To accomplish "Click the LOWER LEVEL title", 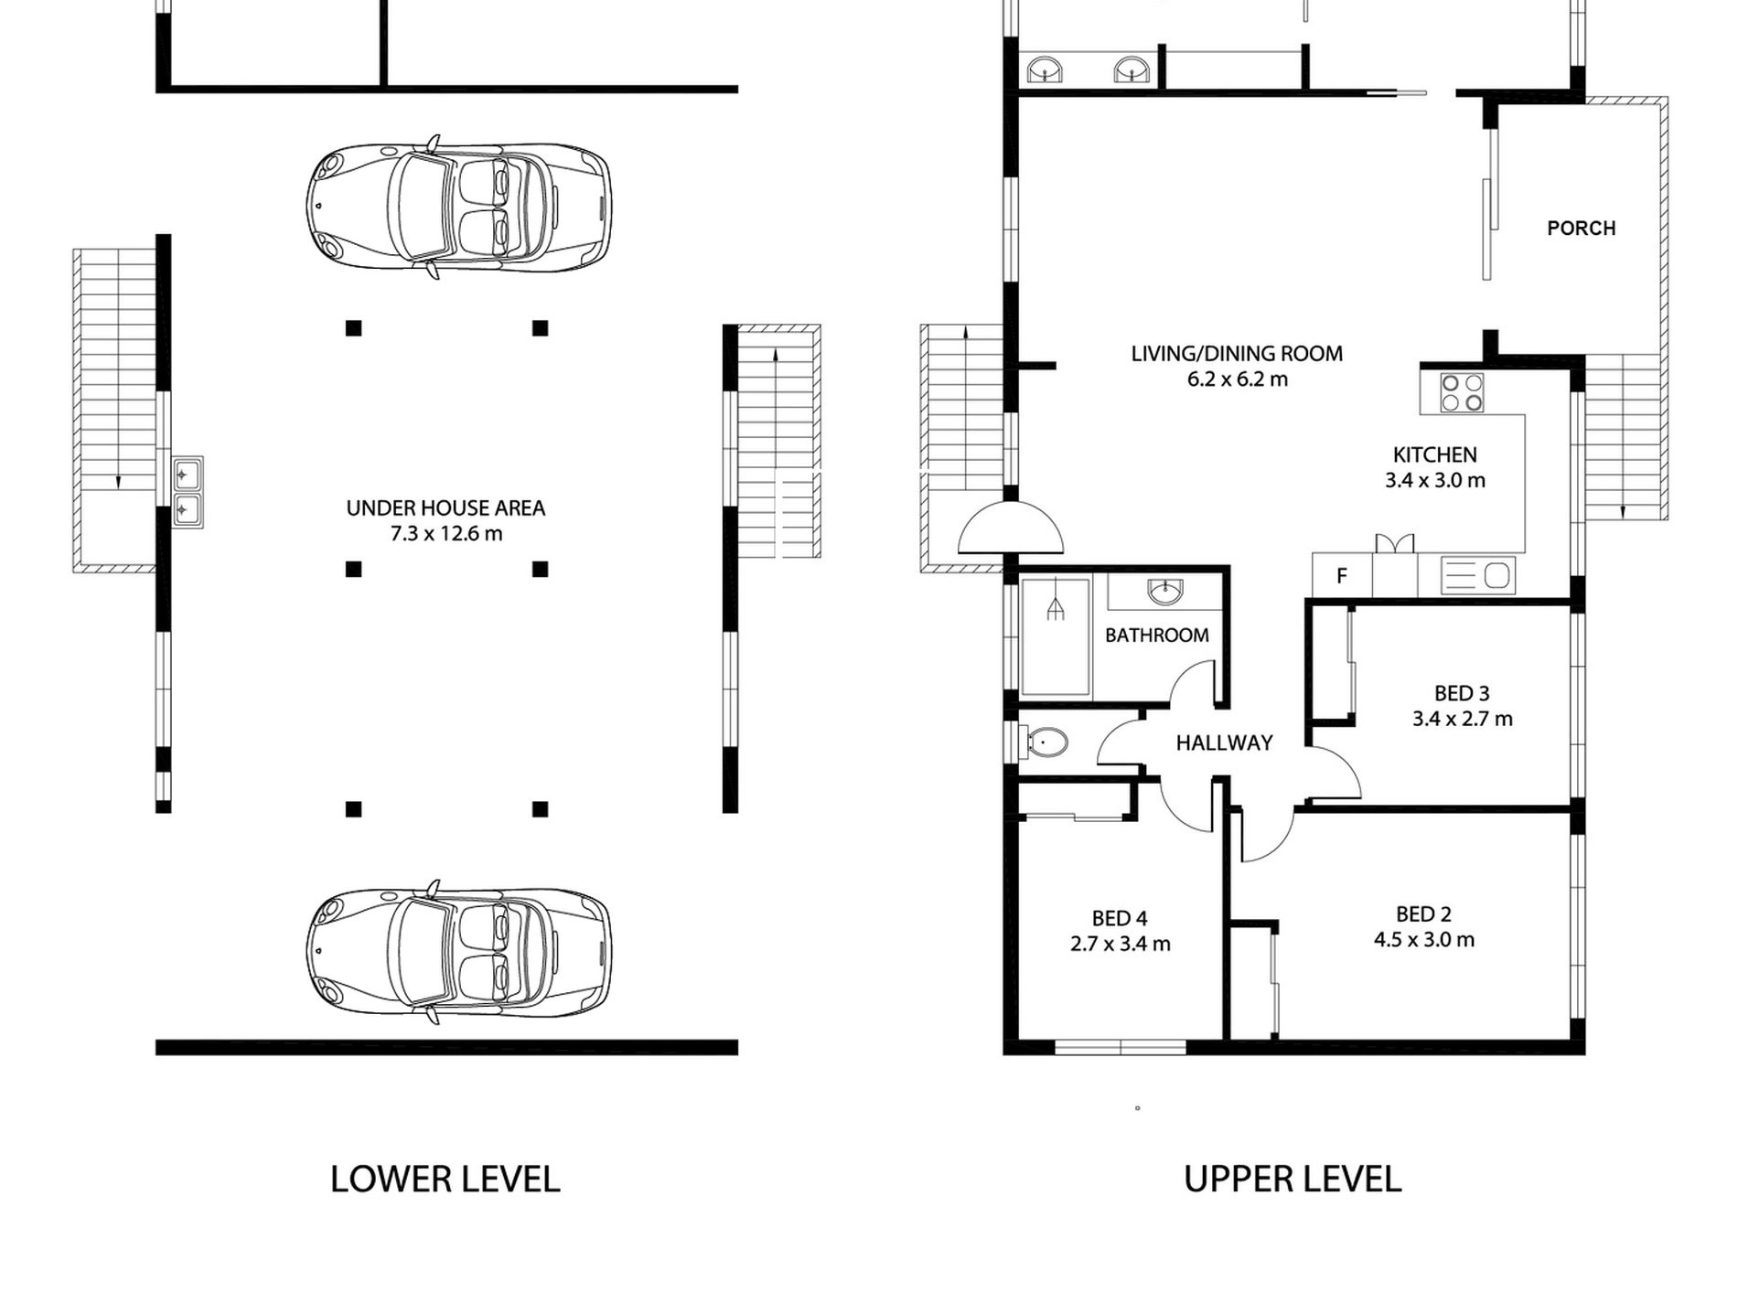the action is (x=445, y=1180).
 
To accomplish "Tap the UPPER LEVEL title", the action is (x=1293, y=1180).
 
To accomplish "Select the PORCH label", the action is (x=1581, y=228).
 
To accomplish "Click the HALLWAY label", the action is (x=1224, y=742).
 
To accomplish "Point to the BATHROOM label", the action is (x=1156, y=635).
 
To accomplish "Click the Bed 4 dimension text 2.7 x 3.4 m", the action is (x=1120, y=944).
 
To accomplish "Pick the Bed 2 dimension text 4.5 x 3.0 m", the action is (x=1423, y=939).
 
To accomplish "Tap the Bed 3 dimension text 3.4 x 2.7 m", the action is (x=1462, y=719).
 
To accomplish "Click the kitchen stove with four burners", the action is (x=1462, y=392).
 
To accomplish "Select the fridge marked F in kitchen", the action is (x=1342, y=575).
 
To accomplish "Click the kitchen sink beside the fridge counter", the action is (x=1478, y=575).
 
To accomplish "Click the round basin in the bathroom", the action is (x=1164, y=593).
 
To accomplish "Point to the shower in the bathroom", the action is (x=1055, y=636).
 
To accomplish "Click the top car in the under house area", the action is (x=459, y=207).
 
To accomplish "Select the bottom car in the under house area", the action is (x=459, y=952).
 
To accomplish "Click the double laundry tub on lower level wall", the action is (x=188, y=492).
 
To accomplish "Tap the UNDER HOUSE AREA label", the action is (x=445, y=508).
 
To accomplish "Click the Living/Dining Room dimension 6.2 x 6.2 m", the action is (x=1237, y=379).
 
